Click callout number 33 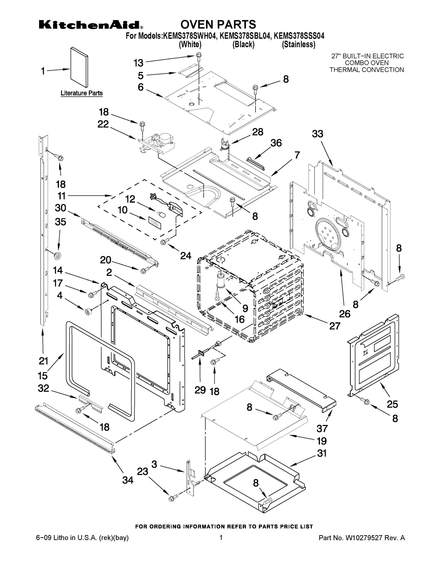(317, 134)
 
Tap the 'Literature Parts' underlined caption (82, 93)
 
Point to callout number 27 (335, 326)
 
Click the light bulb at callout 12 (163, 215)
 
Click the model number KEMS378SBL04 (245, 36)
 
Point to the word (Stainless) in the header (298, 45)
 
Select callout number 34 (128, 480)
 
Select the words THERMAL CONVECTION (367, 70)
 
